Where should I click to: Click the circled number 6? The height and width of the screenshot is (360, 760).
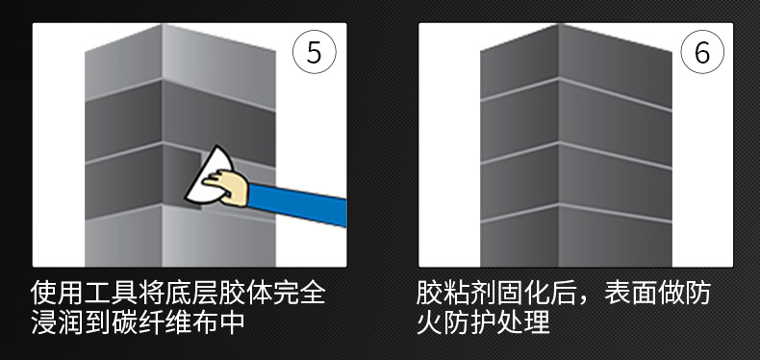[x=701, y=53]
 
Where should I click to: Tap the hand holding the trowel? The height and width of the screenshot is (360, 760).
[x=226, y=183]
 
